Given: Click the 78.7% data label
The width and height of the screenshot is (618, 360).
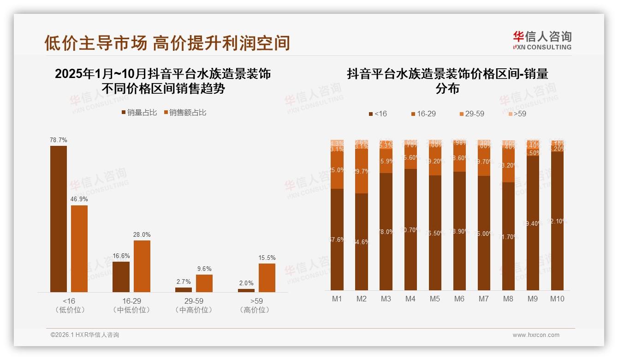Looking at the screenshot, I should (59, 140).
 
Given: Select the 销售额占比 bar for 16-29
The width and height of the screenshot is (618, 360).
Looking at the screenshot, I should (142, 266).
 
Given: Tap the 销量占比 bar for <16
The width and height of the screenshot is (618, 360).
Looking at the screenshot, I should (59, 219).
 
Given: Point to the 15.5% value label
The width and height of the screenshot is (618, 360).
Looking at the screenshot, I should (267, 258).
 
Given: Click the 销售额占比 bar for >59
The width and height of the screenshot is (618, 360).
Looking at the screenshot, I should (267, 277).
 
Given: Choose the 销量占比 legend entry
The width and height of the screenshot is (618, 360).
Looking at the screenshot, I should (139, 113).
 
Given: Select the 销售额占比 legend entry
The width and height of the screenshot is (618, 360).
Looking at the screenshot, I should (185, 113).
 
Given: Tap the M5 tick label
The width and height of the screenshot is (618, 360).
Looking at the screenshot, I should (435, 299).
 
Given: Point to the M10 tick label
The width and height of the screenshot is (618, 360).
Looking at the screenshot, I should (557, 299).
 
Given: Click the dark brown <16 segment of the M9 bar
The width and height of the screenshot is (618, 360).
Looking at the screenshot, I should (533, 223).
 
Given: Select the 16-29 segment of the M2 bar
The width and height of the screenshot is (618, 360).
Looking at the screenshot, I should (362, 171).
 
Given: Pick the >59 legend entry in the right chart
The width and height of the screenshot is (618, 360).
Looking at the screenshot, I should (517, 114).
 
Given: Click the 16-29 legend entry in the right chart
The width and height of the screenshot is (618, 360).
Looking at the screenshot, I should (423, 114).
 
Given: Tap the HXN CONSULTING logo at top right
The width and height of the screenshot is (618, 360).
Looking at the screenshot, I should (542, 41).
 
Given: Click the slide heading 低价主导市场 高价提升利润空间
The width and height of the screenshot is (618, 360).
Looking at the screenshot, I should (167, 43).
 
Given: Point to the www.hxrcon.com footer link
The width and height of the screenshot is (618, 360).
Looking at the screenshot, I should (536, 335).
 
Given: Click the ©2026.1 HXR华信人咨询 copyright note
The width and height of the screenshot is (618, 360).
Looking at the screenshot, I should (85, 335).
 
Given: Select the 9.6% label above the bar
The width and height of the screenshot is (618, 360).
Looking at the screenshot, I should (204, 269).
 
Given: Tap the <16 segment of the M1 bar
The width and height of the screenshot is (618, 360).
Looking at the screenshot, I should (337, 239).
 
